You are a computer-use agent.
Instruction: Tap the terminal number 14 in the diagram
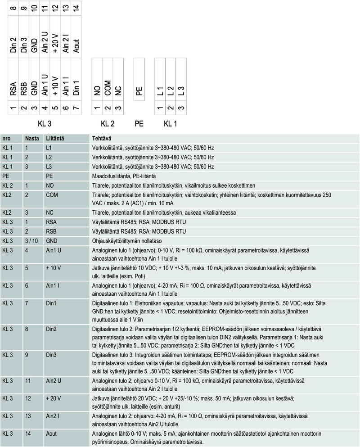76,8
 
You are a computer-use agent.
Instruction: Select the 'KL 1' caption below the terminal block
170,123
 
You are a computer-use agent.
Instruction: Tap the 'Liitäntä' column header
54,138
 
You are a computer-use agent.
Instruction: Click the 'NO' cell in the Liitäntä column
49,185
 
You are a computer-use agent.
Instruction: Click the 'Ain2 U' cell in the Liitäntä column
54,380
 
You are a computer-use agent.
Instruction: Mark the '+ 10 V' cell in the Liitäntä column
54,268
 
